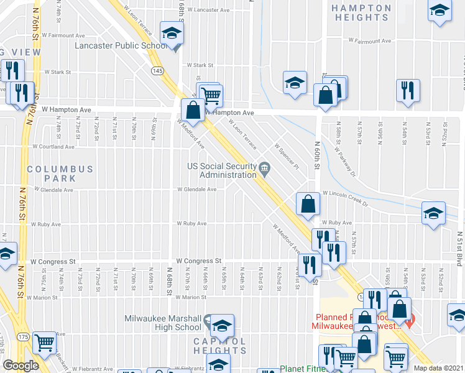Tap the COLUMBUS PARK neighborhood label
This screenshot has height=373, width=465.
tap(60, 173)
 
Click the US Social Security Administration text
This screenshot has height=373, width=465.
tap(223, 170)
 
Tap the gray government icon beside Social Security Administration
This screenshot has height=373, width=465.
tap(264, 168)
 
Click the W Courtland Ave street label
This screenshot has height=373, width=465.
tap(53, 147)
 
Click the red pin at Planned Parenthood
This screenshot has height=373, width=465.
tap(409, 320)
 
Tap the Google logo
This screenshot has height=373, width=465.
tap(21, 366)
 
